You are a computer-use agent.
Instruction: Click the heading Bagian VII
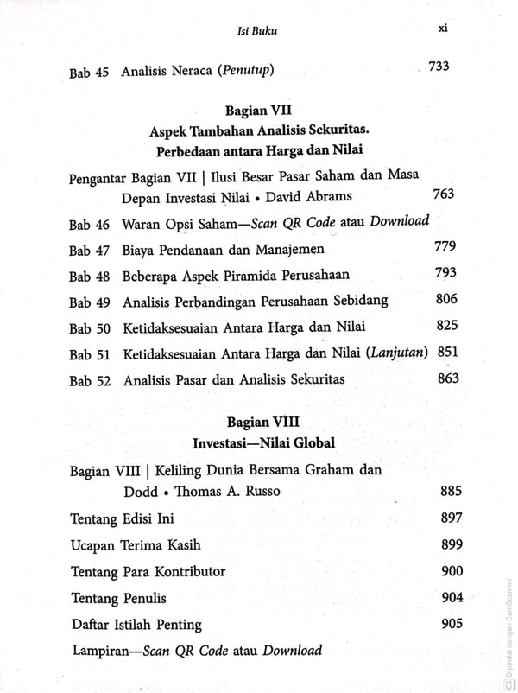[258, 111]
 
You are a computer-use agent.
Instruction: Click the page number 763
[442, 194]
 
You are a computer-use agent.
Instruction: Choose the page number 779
[445, 248]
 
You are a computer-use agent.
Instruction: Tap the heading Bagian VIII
[258, 424]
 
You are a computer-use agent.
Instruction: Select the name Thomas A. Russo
[231, 493]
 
